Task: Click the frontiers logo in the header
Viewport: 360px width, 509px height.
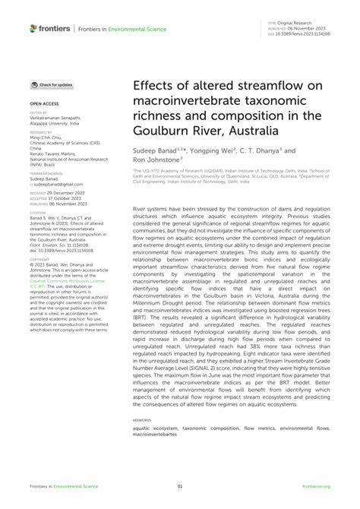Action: tap(49, 27)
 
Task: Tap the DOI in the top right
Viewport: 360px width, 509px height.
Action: tap(303, 33)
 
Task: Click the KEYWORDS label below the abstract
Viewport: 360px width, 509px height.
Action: tap(142, 419)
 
